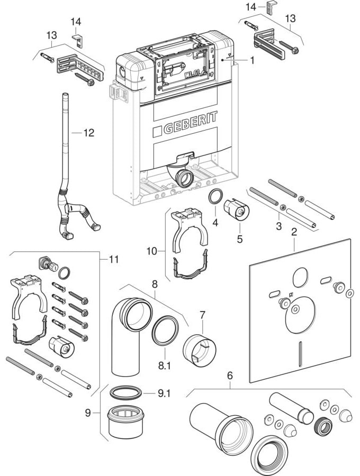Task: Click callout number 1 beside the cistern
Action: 253,60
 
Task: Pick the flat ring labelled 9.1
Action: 126,393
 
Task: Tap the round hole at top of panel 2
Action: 299,275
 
